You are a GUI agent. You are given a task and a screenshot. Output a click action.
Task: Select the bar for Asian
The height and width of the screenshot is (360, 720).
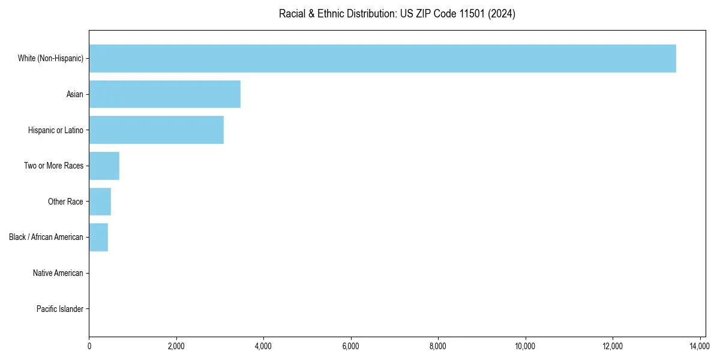pos(164,94)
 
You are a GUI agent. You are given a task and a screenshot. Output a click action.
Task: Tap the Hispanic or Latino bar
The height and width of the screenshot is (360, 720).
pos(156,130)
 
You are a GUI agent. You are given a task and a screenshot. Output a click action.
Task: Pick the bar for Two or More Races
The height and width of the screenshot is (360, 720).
pos(104,166)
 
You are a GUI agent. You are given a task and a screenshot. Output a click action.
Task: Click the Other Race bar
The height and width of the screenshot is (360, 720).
pos(100,202)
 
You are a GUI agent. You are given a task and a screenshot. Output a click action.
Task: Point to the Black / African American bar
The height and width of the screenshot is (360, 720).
pos(98,237)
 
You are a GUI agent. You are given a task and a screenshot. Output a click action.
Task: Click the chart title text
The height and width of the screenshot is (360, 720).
pos(397,14)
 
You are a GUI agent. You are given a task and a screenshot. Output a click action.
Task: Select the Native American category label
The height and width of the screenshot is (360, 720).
pos(58,273)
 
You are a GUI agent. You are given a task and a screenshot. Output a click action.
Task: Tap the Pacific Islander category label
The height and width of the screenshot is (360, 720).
pos(60,309)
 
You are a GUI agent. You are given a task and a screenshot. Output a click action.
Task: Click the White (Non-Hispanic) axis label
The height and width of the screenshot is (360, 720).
pos(50,58)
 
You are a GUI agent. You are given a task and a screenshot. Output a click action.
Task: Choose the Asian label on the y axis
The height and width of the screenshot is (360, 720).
pos(75,94)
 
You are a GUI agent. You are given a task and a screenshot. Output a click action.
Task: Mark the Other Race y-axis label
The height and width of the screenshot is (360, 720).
pos(65,202)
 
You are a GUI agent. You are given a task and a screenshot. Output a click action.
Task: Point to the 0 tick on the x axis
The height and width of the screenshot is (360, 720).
pos(89,346)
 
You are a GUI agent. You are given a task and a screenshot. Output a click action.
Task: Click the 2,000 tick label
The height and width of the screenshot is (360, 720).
pos(176,346)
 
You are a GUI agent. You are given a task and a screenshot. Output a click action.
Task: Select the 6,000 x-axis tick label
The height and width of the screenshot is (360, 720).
pos(351,346)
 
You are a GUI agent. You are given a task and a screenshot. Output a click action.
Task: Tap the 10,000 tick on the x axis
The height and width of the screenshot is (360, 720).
pos(525,346)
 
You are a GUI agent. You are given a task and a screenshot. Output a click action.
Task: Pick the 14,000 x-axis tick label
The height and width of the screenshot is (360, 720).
pos(700,346)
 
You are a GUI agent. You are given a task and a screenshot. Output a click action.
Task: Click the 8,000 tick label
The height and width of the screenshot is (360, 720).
pos(438,346)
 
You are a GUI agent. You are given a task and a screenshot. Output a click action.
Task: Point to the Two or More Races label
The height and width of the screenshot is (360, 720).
pos(53,166)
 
